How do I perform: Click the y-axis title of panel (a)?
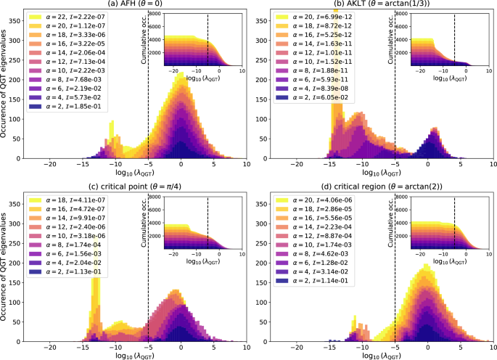tap(5, 87)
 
